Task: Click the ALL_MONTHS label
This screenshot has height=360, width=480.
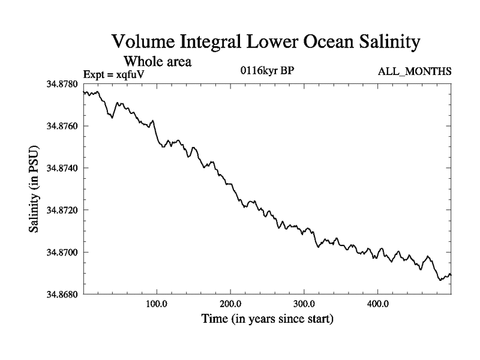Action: pyautogui.click(x=415, y=72)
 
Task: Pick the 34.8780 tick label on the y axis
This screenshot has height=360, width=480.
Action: pyautogui.click(x=63, y=84)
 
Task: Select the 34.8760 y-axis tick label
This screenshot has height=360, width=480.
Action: pyautogui.click(x=63, y=126)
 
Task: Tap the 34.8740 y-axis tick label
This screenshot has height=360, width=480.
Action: pyautogui.click(x=63, y=168)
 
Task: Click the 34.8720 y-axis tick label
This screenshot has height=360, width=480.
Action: pyautogui.click(x=63, y=210)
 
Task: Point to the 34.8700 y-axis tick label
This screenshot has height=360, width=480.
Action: pyautogui.click(x=63, y=252)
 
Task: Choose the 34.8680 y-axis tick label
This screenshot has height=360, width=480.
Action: pyautogui.click(x=63, y=294)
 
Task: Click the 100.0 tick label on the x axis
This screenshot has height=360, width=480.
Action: pyautogui.click(x=157, y=304)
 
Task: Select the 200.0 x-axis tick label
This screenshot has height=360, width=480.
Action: pyautogui.click(x=230, y=304)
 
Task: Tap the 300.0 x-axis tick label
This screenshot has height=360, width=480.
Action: pyautogui.click(x=304, y=304)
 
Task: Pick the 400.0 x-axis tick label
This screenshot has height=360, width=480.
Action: pyautogui.click(x=378, y=304)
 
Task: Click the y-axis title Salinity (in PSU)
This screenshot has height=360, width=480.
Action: pyautogui.click(x=35, y=189)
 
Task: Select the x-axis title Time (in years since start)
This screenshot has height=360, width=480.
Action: pyautogui.click(x=266, y=319)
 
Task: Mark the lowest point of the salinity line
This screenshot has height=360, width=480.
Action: pyautogui.click(x=440, y=280)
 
